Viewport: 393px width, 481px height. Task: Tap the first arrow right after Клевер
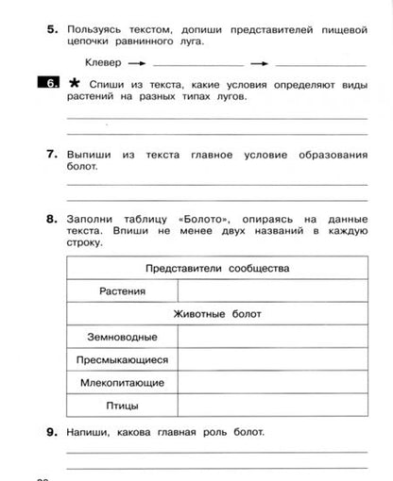136,62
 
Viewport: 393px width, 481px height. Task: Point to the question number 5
52,31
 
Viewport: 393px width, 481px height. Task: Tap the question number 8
52,219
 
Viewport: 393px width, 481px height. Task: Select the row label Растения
122,291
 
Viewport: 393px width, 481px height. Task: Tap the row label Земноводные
122,337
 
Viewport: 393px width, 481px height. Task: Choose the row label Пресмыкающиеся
122,359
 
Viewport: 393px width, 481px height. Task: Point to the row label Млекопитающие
122,383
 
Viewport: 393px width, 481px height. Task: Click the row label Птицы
122,406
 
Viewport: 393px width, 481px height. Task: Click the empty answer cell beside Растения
272,291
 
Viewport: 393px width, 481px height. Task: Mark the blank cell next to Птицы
272,406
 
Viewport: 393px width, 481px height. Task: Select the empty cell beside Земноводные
272,337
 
